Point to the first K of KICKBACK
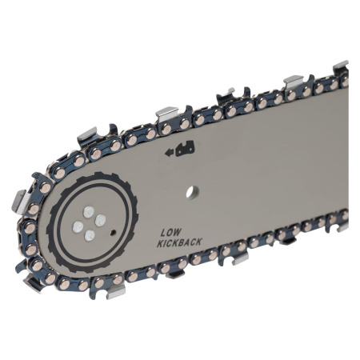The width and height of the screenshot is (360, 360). coord(160,241)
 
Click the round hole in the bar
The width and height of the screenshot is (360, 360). coord(190,192)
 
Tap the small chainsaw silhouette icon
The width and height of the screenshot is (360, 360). coord(186,148)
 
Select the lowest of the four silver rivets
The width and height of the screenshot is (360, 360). coord(88,235)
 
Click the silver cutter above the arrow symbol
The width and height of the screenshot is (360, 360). coord(166,111)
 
